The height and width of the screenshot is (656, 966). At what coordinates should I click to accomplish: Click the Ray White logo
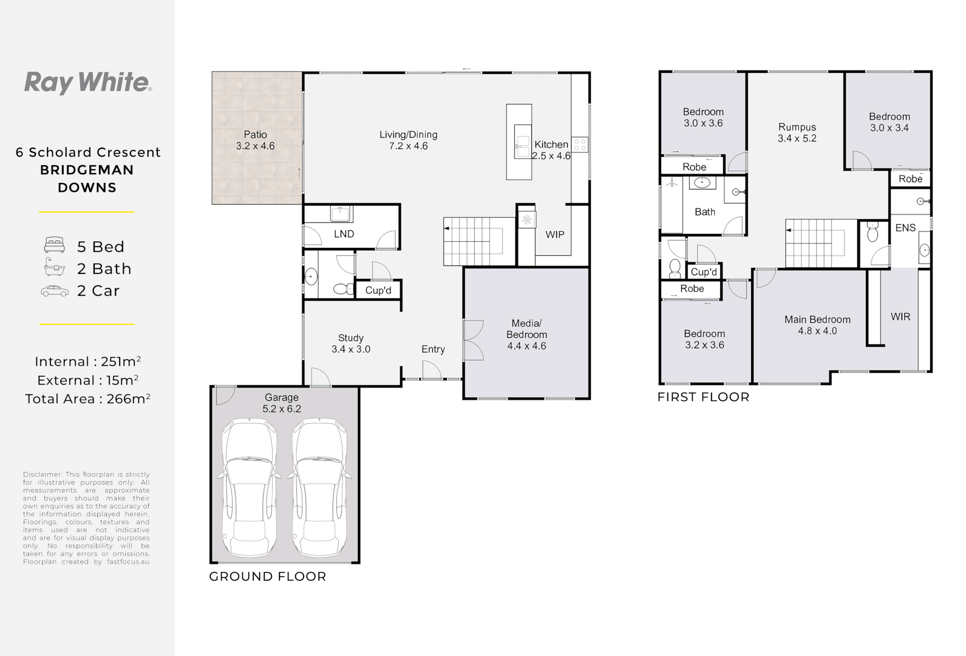(87, 83)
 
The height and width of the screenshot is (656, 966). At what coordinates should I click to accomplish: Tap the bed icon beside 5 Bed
(55, 245)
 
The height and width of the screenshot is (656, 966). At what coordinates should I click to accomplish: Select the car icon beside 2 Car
(55, 292)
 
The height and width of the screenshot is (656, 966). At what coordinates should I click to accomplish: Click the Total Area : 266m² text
(87, 399)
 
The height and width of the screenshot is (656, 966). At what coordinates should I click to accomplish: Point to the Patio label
(255, 135)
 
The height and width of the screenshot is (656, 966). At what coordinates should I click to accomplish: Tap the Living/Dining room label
(408, 135)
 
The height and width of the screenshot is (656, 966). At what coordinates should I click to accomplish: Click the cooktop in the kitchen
(580, 145)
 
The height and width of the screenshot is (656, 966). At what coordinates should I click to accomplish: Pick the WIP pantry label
(554, 234)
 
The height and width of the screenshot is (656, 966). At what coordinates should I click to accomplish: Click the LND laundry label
(344, 234)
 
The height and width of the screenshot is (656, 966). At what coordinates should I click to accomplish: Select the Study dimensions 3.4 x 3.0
(350, 349)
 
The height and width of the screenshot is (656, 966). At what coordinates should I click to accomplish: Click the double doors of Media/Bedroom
(472, 340)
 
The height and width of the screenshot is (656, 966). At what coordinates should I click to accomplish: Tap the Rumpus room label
(797, 127)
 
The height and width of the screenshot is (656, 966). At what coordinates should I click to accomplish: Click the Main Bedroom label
(817, 319)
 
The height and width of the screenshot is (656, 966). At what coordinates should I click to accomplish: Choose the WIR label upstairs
(900, 316)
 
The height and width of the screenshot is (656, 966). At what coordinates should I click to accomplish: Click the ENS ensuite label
(905, 228)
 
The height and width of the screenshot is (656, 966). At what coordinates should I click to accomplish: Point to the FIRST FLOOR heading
(703, 397)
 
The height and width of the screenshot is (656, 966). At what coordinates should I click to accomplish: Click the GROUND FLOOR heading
(267, 576)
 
